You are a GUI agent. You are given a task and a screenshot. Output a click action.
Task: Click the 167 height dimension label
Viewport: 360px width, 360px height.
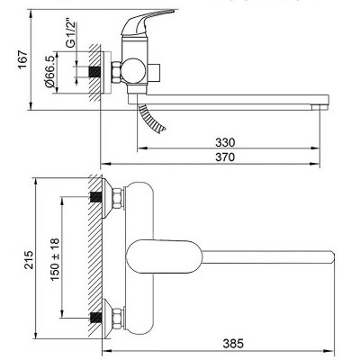click(x=23, y=60)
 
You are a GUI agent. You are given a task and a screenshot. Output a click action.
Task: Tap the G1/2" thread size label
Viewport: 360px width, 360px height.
click(x=71, y=34)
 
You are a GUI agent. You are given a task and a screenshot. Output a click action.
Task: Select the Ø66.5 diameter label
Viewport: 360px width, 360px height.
click(x=50, y=71)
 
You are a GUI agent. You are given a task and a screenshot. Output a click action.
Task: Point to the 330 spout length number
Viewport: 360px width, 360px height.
click(x=225, y=142)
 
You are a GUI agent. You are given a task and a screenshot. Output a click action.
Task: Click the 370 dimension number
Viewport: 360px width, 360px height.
click(x=225, y=157)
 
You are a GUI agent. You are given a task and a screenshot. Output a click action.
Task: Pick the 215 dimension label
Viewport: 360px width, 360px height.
click(x=29, y=259)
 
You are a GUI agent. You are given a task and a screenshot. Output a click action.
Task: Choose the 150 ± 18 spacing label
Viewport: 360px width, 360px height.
click(x=55, y=259)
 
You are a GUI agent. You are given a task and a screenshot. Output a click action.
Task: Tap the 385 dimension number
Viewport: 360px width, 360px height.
click(x=233, y=344)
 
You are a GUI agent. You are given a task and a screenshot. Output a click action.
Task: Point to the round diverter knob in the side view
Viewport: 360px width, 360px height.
click(x=134, y=71)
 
